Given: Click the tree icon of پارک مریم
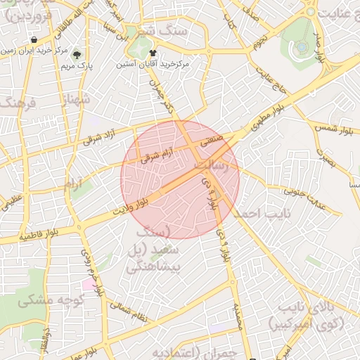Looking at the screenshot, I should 77,53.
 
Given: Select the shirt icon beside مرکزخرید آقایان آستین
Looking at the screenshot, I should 153,53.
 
